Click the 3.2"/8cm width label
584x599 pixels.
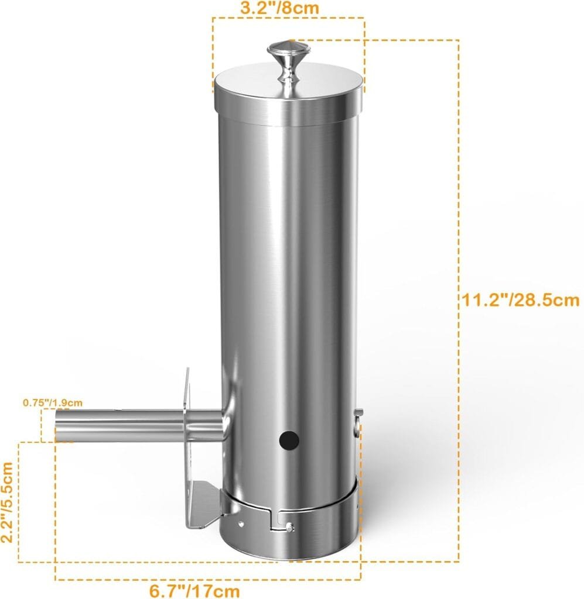pos(289,8)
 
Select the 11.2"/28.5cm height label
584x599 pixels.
pos(520,300)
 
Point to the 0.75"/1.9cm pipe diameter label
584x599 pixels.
pos(53,402)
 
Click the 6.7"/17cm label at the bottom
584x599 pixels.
pos(194,590)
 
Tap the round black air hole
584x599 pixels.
pos(288,439)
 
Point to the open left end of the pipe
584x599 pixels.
pos(58,425)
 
